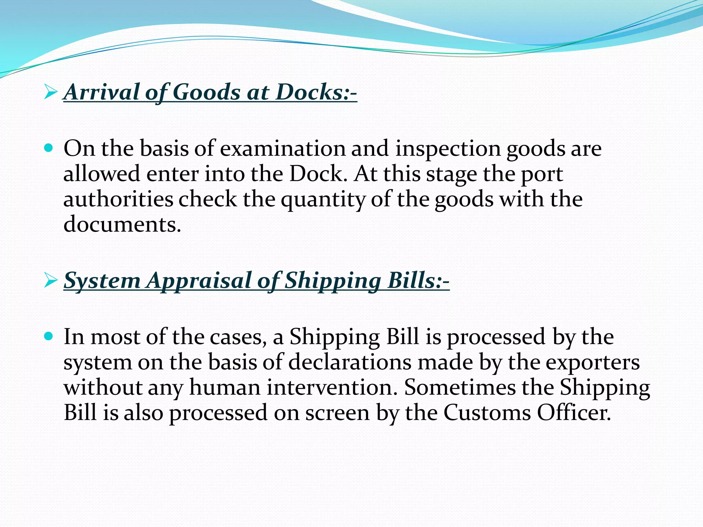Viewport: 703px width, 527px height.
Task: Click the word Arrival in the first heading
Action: pyautogui.click(x=102, y=92)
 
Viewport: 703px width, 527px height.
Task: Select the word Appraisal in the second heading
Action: pyautogui.click(x=199, y=281)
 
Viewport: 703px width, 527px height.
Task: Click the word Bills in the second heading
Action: pyautogui.click(x=412, y=281)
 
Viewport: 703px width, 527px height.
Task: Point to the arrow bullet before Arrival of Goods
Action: pyautogui.click(x=50, y=92)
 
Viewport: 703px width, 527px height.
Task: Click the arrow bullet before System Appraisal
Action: pyautogui.click(x=50, y=281)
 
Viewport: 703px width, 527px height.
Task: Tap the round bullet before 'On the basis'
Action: pyautogui.click(x=49, y=148)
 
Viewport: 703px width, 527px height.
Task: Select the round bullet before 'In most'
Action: pyautogui.click(x=49, y=336)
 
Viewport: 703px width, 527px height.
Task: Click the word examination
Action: pyautogui.click(x=283, y=149)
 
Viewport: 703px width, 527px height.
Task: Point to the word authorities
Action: pyautogui.click(x=118, y=199)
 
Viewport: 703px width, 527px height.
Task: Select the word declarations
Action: pyautogui.click(x=350, y=362)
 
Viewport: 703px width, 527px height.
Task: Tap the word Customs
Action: pyautogui.click(x=487, y=413)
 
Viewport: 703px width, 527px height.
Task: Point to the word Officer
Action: pyautogui.click(x=574, y=413)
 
